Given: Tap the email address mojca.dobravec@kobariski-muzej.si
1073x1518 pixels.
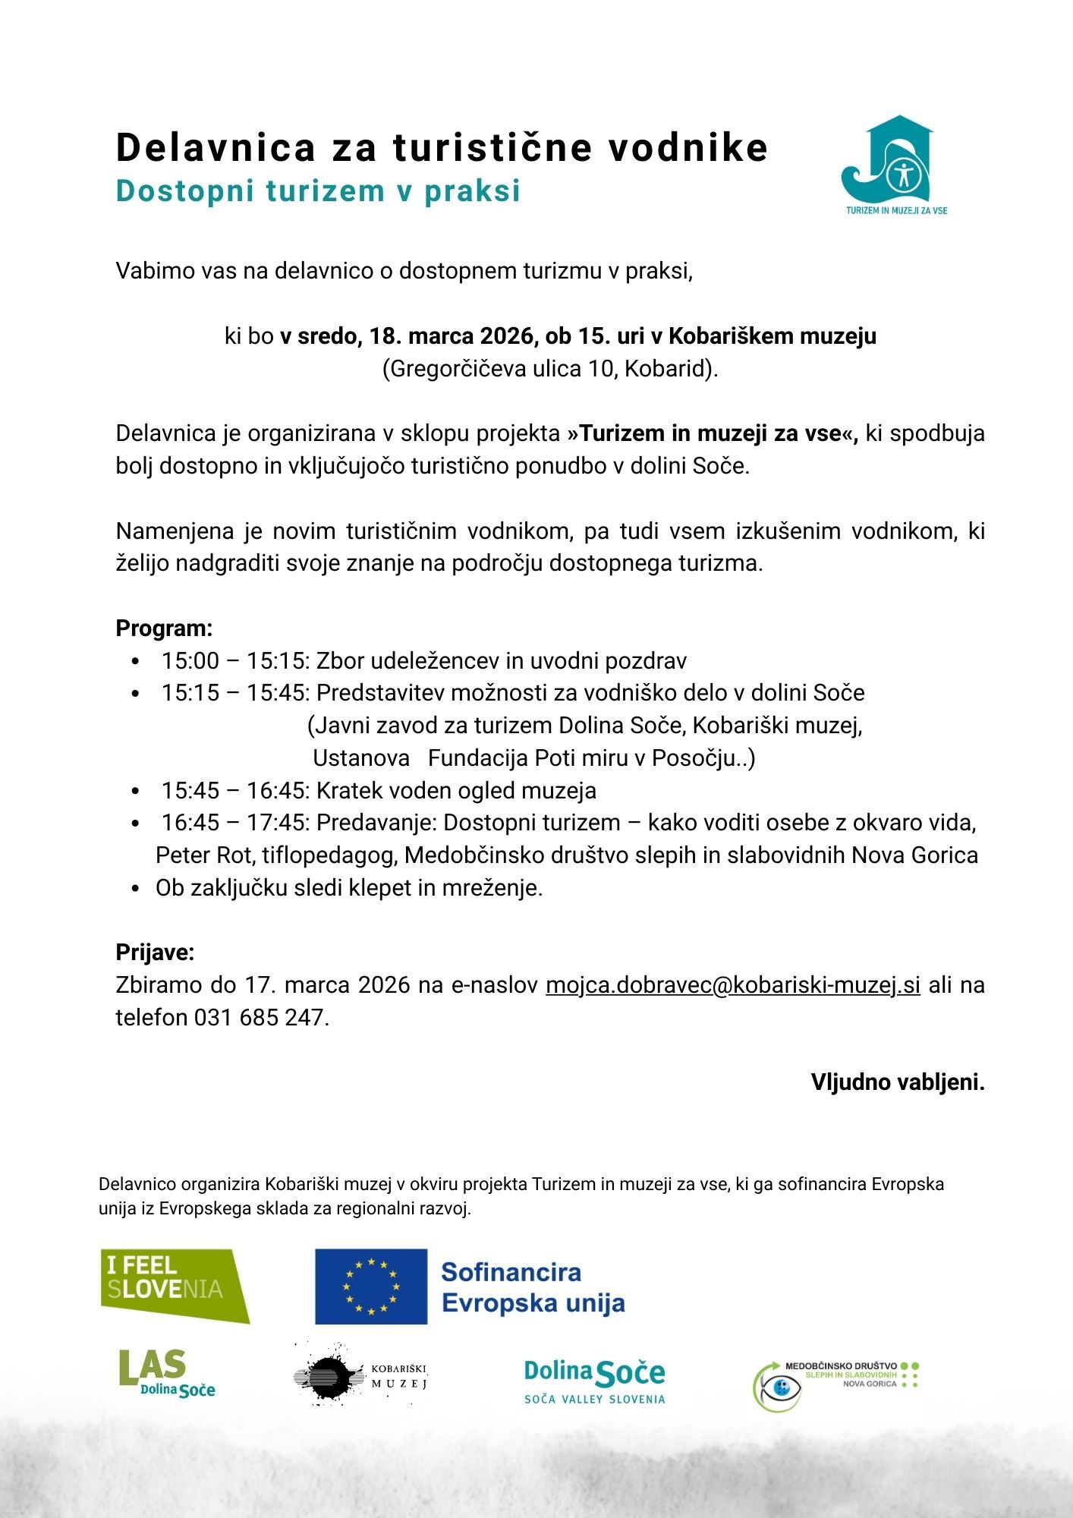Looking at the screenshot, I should [x=732, y=985].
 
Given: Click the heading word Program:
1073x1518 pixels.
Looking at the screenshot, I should [x=164, y=628].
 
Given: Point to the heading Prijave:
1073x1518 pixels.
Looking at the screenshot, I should [x=155, y=953].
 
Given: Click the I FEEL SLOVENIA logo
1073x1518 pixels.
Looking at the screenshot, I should [x=175, y=1285].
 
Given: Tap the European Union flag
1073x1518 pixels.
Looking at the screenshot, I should [x=372, y=1286].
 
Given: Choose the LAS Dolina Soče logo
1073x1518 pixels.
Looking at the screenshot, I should [x=167, y=1373].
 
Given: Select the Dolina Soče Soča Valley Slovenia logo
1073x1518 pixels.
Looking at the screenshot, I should [x=594, y=1380].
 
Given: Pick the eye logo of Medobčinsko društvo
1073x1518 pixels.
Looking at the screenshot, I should [x=777, y=1387].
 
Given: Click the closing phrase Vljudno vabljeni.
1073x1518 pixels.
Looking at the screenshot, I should [x=897, y=1082].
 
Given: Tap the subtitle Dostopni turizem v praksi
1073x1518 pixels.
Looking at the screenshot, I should [x=318, y=191].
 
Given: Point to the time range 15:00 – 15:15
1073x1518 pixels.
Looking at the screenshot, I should [x=234, y=661].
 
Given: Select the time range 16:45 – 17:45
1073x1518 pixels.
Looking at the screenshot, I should [x=234, y=823].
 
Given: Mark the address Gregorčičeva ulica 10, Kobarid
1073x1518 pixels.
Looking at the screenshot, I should [x=550, y=369].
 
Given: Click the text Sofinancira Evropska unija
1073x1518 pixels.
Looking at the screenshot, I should [x=533, y=1287].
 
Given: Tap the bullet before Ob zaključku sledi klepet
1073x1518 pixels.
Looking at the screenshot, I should [x=135, y=888].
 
